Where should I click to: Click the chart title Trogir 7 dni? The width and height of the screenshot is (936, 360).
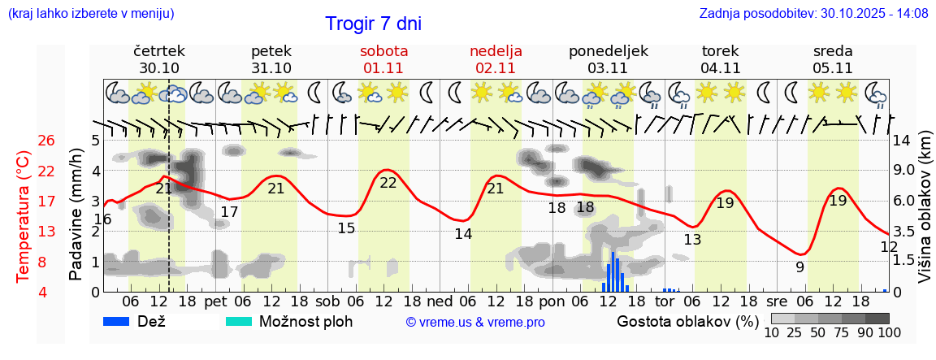(373, 24)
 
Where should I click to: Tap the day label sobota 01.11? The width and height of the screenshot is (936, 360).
(385, 59)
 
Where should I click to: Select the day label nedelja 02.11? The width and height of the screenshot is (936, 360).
(496, 59)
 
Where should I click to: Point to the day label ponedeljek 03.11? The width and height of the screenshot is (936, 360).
(609, 59)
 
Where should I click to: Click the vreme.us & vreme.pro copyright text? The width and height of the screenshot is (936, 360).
(475, 322)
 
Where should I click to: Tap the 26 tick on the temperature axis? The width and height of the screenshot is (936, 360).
(46, 141)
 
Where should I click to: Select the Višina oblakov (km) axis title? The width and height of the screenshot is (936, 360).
(925, 216)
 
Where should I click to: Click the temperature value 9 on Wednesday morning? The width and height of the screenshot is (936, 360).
(799, 267)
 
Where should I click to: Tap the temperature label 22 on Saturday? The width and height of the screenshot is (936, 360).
(388, 183)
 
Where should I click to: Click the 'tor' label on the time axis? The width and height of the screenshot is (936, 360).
(665, 301)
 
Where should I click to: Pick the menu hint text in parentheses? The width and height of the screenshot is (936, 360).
(91, 13)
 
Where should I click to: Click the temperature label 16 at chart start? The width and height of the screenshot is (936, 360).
(102, 219)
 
